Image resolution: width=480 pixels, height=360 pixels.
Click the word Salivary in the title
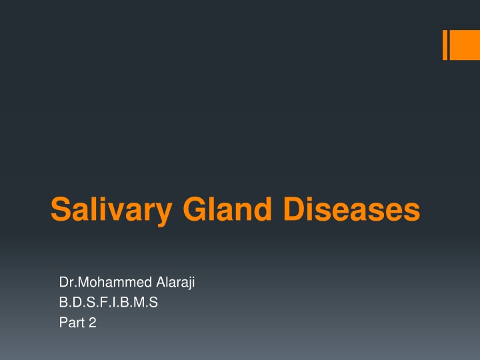coord(111,211)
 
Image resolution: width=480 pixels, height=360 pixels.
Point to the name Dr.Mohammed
coord(105,282)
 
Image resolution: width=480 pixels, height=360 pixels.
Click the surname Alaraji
coord(175,283)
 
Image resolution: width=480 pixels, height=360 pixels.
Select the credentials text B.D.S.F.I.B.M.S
coord(109,302)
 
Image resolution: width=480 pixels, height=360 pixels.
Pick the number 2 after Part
coord(93,323)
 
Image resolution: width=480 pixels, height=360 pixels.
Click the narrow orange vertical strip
coord(445,45)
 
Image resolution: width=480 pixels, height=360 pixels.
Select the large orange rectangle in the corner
coord(465,45)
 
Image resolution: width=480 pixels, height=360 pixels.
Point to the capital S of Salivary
coord(61,209)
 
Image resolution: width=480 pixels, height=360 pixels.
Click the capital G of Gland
coord(195,209)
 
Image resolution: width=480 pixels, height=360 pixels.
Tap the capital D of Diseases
coord(295,209)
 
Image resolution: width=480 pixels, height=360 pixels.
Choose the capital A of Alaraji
coord(161,282)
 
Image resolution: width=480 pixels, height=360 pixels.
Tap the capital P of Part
coord(63,323)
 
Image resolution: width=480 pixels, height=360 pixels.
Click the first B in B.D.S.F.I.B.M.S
coord(63,302)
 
